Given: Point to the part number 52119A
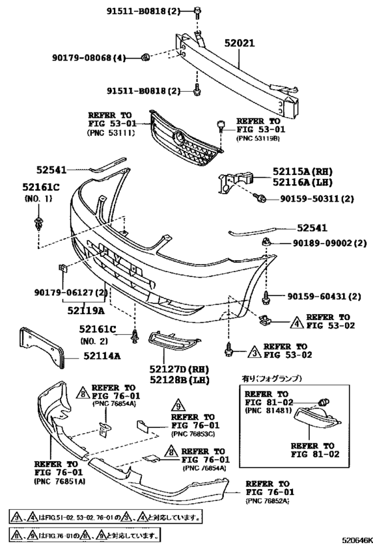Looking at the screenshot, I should [85, 309].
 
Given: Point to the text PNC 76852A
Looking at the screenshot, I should [272, 499].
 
